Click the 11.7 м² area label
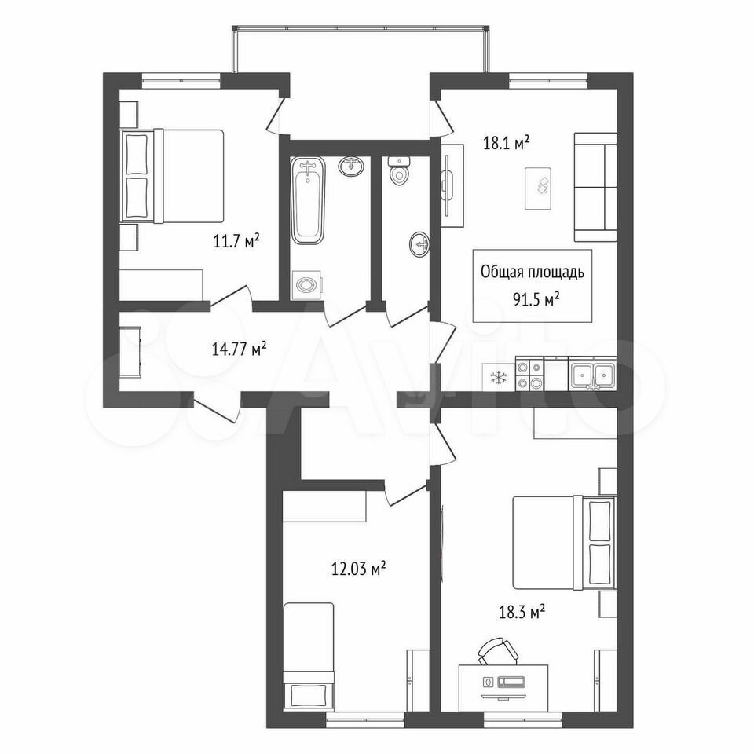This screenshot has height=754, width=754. click(x=236, y=241)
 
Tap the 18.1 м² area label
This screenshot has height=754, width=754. click(x=506, y=143)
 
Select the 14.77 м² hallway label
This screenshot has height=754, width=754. click(x=239, y=349)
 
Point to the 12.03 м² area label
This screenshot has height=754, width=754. click(x=359, y=569)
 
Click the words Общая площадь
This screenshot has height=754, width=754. click(x=533, y=273)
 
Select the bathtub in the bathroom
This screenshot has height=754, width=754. click(x=308, y=199)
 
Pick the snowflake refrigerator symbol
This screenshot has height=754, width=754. click(x=496, y=378)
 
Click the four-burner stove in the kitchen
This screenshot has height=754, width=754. click(x=529, y=375)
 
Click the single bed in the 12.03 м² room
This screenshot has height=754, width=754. click(x=308, y=656)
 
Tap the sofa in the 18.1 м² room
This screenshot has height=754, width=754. click(x=595, y=187)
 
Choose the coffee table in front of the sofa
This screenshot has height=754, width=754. click(x=537, y=188)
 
